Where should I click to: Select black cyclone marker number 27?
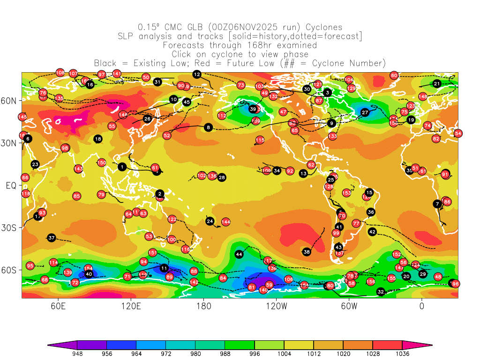pos(365,112)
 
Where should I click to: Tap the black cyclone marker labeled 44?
pos(239,254)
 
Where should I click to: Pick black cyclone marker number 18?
pos(98,139)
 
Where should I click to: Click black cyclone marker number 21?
pos(437,84)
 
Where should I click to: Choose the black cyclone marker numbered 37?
pos(52,238)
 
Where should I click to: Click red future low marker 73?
pos(241,85)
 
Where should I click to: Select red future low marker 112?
pos(222,116)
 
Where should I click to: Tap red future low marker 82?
pos(436,139)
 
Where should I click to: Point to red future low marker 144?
pos(226,222)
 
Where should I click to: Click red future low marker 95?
pos(30,266)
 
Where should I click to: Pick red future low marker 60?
pos(394,75)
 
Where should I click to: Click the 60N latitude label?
pos(10,100)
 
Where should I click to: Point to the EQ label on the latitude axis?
pos(12,186)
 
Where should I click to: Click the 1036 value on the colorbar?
pos(402,354)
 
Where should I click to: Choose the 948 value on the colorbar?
pos(77,354)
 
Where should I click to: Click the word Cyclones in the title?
pos(323,28)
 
